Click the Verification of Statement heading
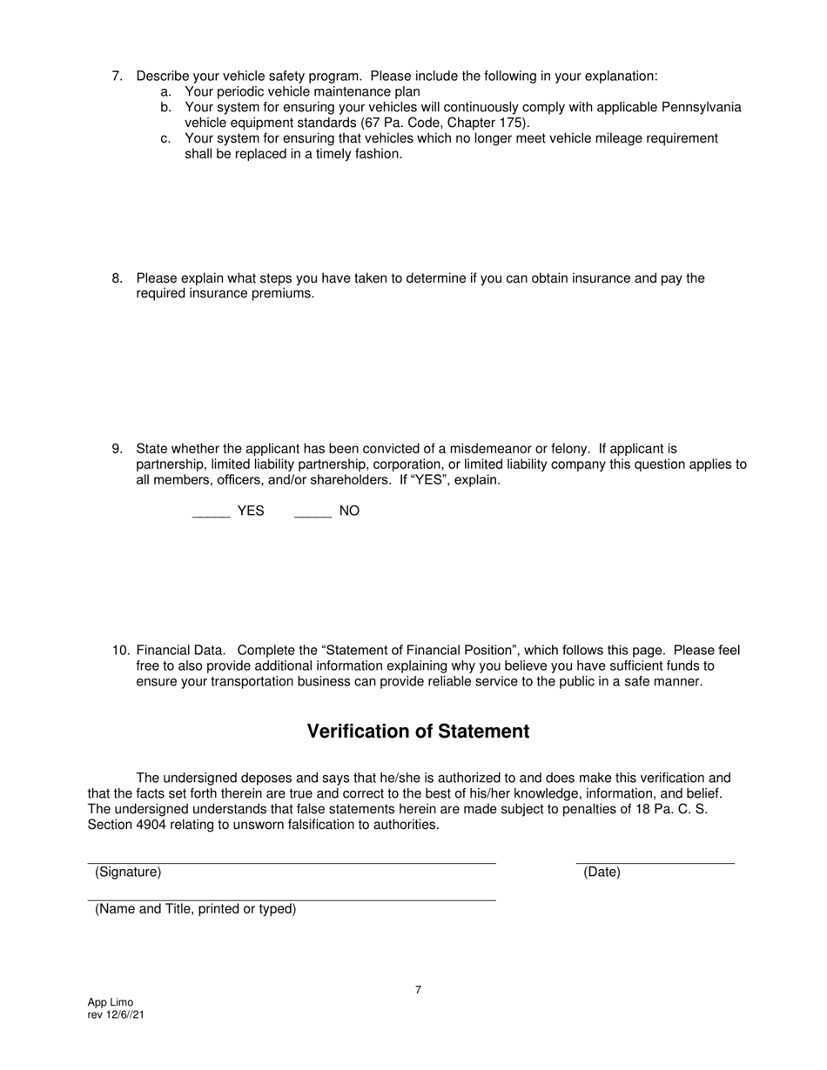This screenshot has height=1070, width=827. click(x=418, y=732)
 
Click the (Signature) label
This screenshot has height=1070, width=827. click(x=128, y=872)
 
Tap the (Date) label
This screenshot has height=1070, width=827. click(x=602, y=872)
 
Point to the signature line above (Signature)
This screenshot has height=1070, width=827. click(x=292, y=863)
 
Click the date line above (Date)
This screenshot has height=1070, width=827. click(x=655, y=863)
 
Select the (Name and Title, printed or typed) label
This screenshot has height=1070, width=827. click(x=196, y=909)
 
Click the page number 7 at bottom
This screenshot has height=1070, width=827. click(x=419, y=990)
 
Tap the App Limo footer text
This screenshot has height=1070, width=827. click(x=111, y=1002)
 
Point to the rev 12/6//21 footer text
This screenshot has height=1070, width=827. click(x=116, y=1014)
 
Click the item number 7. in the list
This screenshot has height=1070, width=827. click(x=118, y=77)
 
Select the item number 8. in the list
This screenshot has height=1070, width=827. click(x=118, y=278)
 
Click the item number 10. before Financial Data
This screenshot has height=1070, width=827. click(x=121, y=651)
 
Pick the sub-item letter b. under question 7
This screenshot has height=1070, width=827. click(x=165, y=107)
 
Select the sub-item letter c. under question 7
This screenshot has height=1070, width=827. click(x=165, y=138)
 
